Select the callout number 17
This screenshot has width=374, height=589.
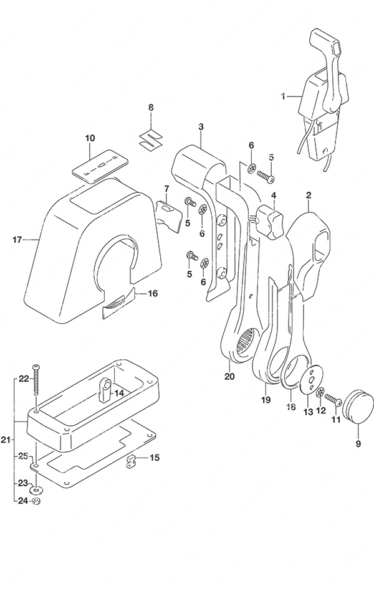pos(17,239)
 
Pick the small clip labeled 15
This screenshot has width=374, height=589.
pos(130,461)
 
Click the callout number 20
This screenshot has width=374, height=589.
pos(229,376)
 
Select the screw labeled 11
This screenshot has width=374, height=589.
pos(333,400)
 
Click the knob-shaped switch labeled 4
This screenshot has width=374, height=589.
pos(271,223)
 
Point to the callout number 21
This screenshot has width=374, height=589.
pos(6,439)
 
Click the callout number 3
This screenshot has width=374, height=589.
pos(201,127)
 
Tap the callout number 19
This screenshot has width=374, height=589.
pos(266,400)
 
